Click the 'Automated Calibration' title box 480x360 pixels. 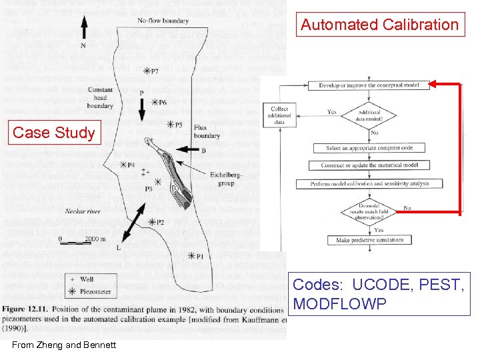(380, 25)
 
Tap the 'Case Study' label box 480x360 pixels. (55, 133)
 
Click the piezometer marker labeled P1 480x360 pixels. (192, 255)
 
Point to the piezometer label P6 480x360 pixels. (159, 103)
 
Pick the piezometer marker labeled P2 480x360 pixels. (151, 222)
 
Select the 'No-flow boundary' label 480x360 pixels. (163, 21)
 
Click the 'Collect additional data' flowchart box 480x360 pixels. (280, 115)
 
